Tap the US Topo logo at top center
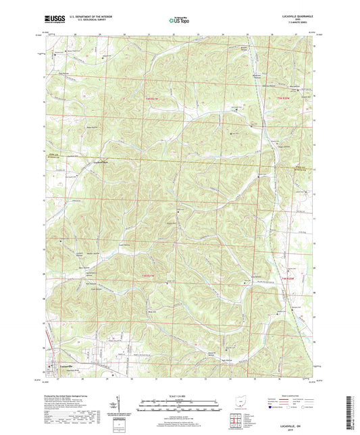point(179,21)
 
